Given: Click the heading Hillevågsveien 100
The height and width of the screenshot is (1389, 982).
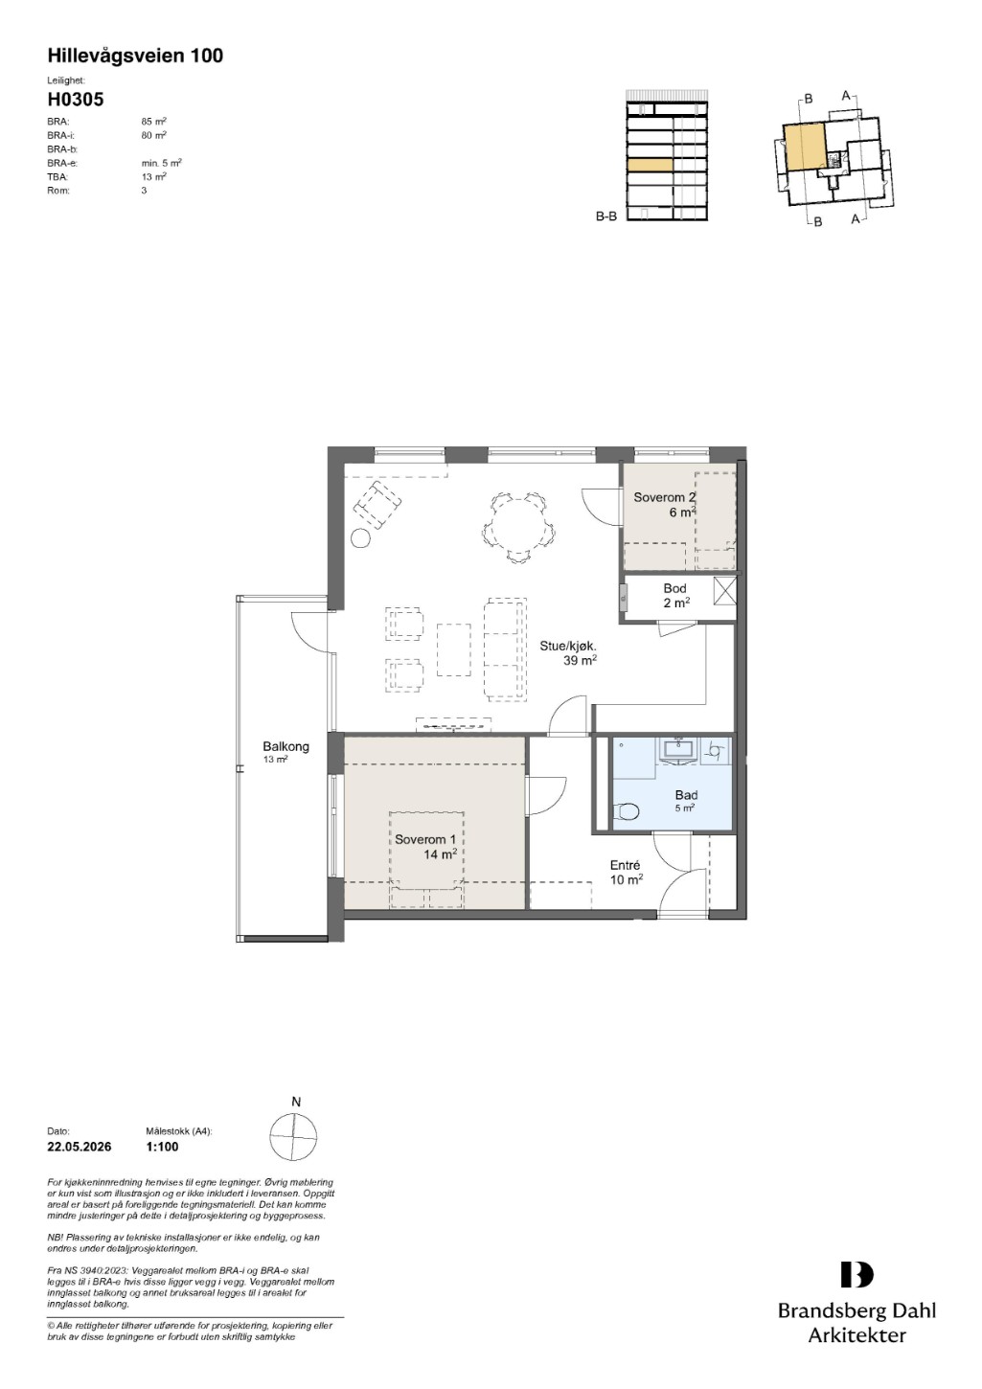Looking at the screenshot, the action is coord(135,56).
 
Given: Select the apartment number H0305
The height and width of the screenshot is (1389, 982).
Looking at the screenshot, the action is coord(76,100).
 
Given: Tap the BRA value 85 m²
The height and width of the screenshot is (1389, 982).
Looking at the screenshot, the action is coord(154,122).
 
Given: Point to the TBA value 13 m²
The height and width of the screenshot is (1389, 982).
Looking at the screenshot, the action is coord(154,176).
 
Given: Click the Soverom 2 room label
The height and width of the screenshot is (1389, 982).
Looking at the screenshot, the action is coord(664,497).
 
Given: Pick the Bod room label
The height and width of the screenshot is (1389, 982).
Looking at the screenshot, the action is coord(674,588).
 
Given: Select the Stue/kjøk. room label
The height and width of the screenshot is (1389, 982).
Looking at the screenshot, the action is coord(568,646).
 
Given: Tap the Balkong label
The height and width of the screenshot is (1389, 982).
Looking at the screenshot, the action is coord(285,746).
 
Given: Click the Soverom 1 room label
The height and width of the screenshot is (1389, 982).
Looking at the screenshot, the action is coord(425,839).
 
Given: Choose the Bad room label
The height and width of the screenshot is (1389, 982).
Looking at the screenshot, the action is coord(686,795).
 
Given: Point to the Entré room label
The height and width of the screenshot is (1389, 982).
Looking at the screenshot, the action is coord(626,865).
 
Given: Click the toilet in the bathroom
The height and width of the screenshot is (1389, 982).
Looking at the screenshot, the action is coord(626,810).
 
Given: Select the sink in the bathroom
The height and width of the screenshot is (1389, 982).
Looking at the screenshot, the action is coord(680,748).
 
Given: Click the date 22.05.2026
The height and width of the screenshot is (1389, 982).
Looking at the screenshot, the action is coord(80,1147).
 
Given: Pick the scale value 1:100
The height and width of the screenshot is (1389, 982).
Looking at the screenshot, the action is coord(163,1147).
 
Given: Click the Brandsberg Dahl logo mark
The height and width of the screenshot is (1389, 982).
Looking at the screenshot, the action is coord(856,1275).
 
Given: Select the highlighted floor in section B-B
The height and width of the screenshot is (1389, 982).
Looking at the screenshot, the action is coord(651,165).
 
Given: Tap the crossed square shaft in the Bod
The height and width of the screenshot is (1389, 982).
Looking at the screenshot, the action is coord(724,590).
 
